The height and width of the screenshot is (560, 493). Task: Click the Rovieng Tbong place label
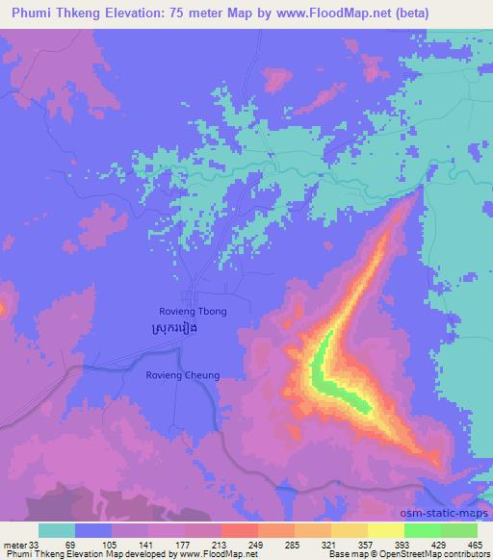(193, 312)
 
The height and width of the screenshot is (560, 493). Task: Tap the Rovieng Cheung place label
(183, 375)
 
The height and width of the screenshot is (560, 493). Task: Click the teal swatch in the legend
(56, 530)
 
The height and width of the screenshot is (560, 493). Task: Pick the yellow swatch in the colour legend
(386, 530)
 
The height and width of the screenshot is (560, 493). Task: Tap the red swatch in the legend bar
(239, 530)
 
